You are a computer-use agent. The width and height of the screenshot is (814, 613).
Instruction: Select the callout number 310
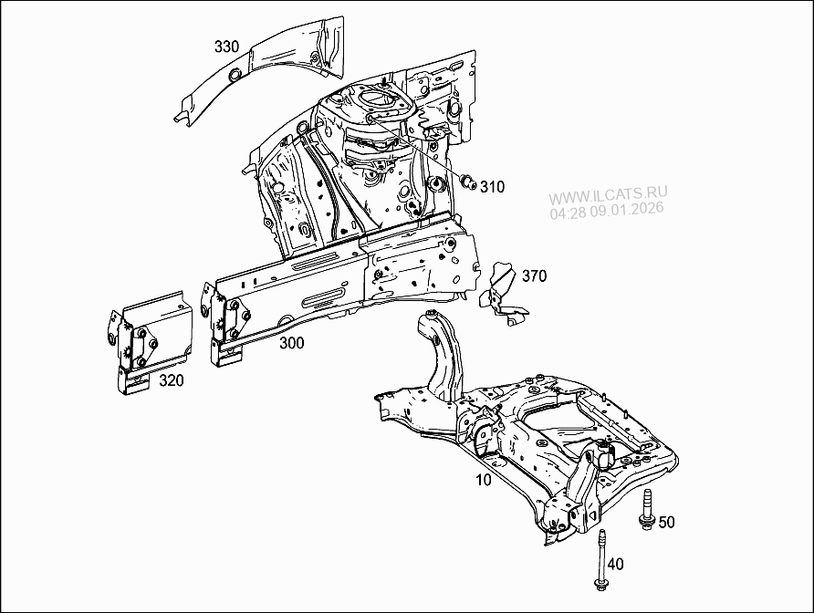coord(492,187)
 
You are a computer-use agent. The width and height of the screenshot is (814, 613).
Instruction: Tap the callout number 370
coord(535,276)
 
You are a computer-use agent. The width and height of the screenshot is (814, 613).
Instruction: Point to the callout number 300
coord(292,343)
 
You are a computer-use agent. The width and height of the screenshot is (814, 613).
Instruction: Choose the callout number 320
coord(172,380)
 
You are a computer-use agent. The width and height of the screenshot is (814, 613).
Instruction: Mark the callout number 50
coord(667,522)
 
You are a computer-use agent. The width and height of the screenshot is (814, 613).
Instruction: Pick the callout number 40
coord(616,565)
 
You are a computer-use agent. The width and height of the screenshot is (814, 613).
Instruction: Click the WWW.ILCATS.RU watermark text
coord(608,194)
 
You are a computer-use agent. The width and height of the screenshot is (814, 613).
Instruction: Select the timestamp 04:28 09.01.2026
coord(606,210)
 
